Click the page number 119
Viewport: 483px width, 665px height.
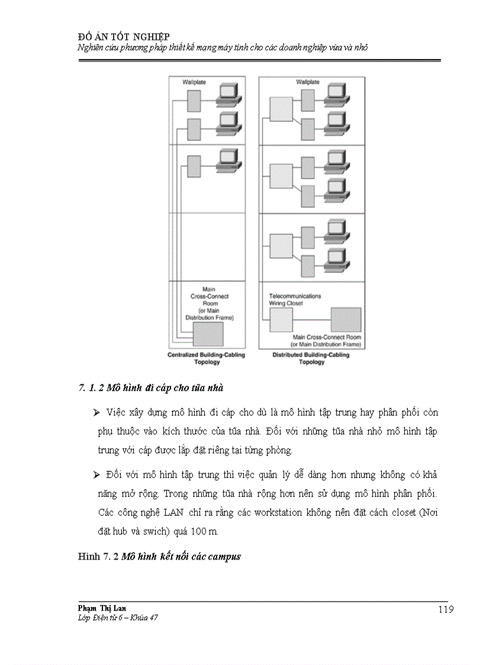coord(446,609)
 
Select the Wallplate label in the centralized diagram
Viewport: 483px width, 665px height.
coord(194,82)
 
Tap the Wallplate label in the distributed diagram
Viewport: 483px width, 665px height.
coord(308,82)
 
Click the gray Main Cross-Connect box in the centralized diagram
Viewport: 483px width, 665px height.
coord(208,334)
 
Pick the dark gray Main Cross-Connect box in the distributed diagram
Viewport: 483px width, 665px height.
coord(346,320)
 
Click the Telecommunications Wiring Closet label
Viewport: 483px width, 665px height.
coord(295,299)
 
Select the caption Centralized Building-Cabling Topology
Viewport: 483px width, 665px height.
coord(206,358)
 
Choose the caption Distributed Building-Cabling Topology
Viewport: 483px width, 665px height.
coord(311,358)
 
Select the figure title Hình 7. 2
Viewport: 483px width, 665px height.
coord(159,557)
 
